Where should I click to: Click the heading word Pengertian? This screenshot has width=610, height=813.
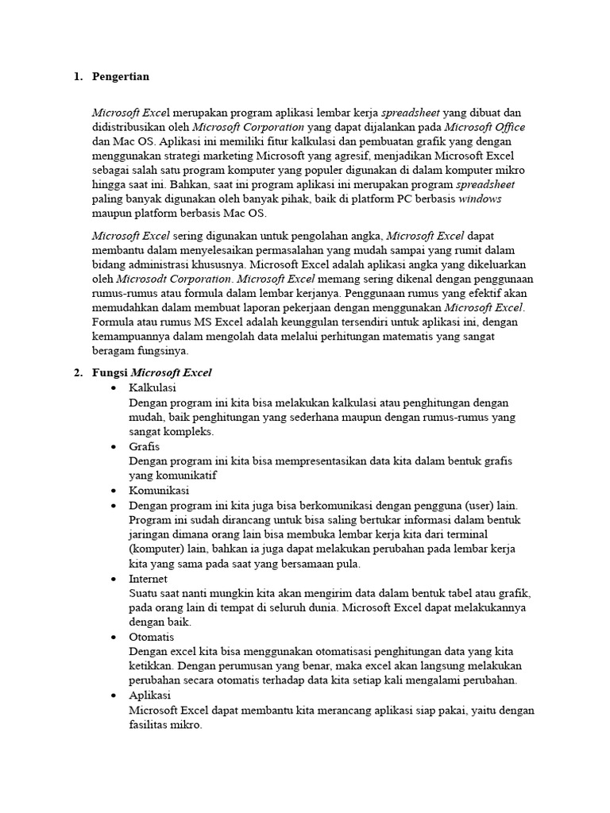(x=121, y=77)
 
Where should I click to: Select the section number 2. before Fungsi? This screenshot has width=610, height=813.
(x=78, y=372)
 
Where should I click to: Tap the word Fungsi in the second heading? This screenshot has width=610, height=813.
(x=110, y=372)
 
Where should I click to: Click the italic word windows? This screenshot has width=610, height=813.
(x=480, y=199)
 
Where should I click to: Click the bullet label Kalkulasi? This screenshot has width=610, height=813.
(x=152, y=387)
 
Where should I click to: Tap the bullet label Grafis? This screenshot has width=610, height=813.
(x=144, y=446)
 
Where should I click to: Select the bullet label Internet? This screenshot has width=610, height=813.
(x=148, y=579)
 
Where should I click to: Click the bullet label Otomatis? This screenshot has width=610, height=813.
(x=151, y=637)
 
